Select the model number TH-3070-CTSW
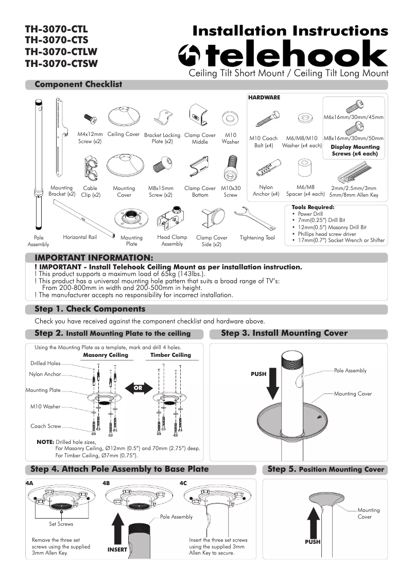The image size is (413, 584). click(61, 64)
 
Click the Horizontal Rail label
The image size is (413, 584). click(80, 237)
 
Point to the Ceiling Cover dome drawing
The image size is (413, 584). click(124, 118)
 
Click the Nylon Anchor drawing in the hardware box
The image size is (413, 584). click(266, 168)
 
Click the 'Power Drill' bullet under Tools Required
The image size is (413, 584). click(310, 214)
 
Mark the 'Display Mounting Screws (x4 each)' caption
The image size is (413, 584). click(355, 150)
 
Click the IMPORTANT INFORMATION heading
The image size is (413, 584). click(94, 257)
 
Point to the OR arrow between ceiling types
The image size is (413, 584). click(137, 388)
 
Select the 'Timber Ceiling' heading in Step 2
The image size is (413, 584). click(170, 355)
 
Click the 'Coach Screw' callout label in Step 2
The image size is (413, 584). click(46, 426)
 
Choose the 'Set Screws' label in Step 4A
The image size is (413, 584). click(61, 524)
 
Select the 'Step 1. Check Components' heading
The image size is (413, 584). click(90, 310)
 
